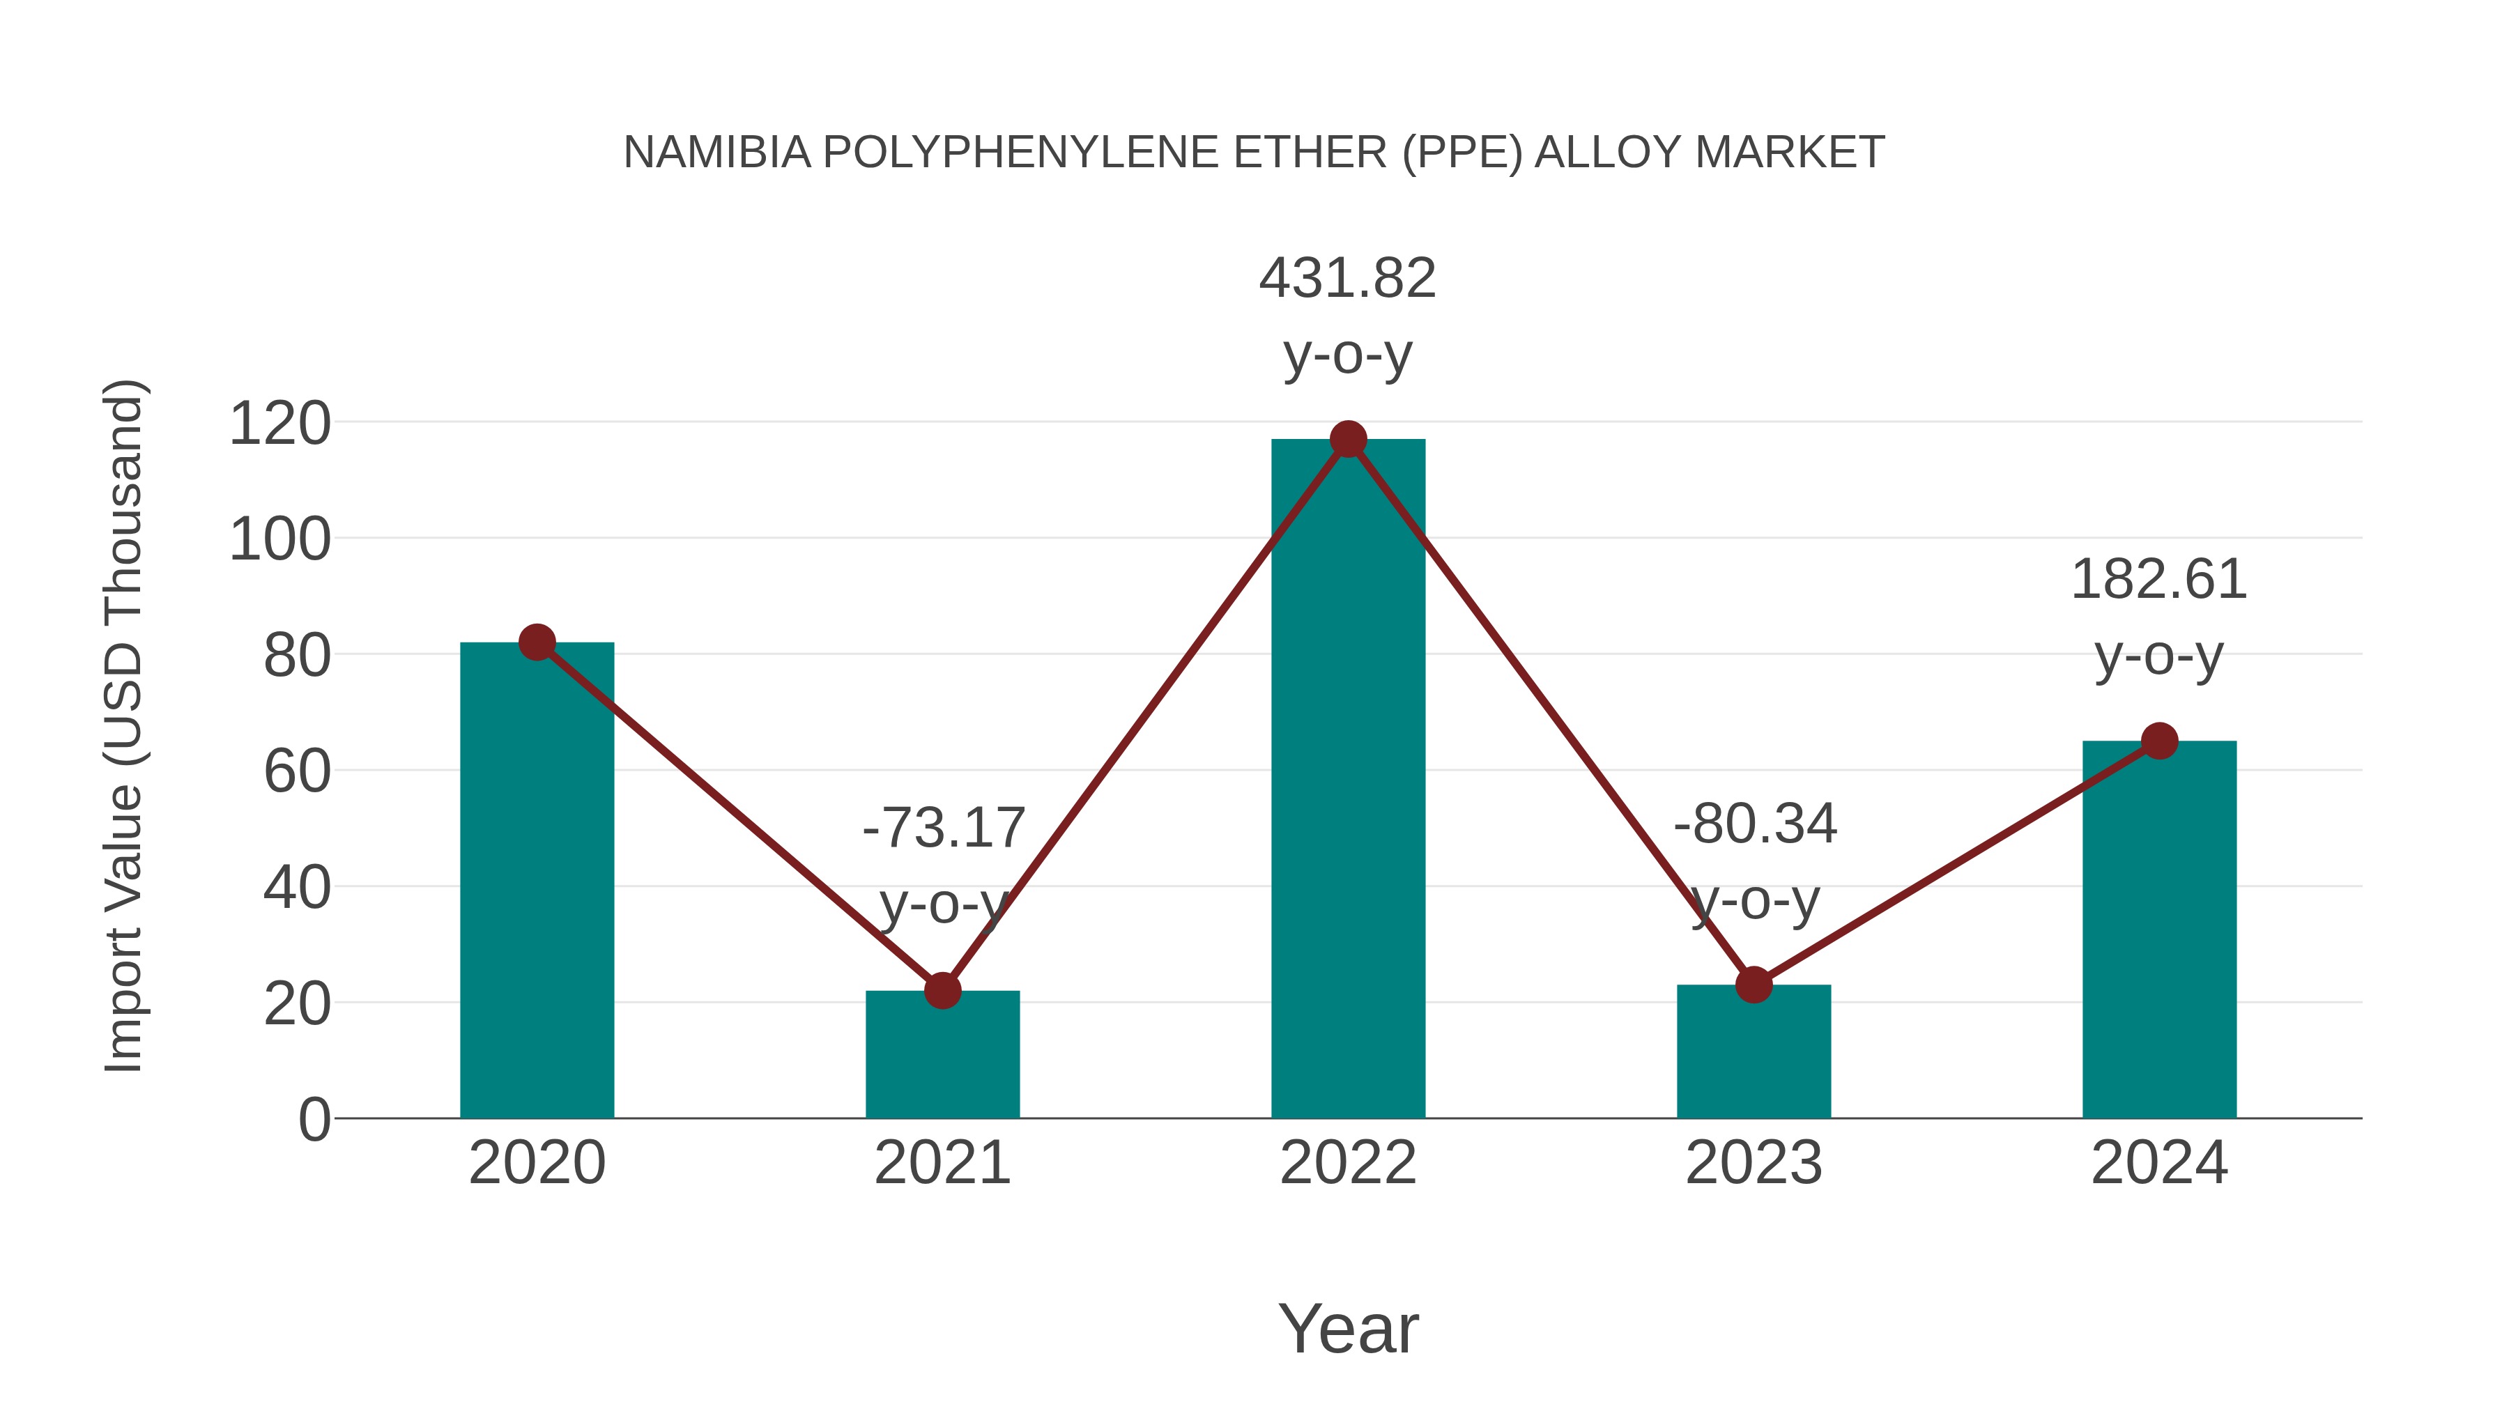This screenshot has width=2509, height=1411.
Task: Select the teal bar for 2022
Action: [x=1348, y=778]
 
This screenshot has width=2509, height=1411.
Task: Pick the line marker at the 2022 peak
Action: [x=1348, y=439]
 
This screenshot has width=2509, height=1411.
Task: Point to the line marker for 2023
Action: [x=1754, y=985]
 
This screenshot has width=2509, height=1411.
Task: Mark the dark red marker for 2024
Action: [x=2159, y=741]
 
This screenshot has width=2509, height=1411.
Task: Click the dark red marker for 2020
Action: [x=537, y=642]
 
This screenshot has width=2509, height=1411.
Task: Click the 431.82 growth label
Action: [x=1347, y=279]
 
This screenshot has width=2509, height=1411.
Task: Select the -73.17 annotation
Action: [x=943, y=828]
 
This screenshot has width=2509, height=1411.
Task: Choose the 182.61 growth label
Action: [x=2158, y=580]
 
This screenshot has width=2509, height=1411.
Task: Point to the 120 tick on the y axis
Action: [x=279, y=424]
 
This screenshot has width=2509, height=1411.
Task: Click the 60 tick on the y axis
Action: [x=296, y=772]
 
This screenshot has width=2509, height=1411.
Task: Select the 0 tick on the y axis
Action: [x=314, y=1120]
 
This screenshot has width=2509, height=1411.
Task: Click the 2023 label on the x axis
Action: [x=1754, y=1163]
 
